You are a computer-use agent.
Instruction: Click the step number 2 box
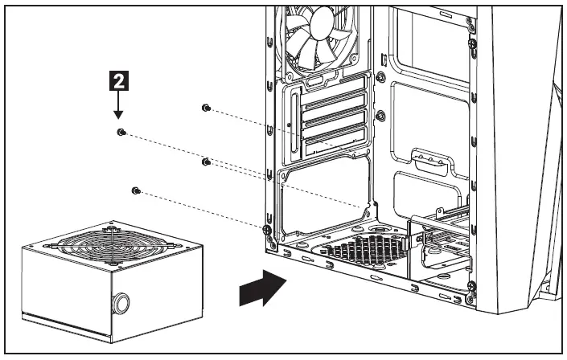(117, 80)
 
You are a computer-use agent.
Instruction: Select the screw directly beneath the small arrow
(121, 132)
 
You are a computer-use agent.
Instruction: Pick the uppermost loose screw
(207, 108)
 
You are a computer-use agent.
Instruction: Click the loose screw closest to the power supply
(136, 190)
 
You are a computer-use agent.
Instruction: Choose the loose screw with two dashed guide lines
(206, 162)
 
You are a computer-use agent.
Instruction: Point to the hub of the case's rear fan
(315, 33)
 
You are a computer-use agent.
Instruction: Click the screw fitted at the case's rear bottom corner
(266, 230)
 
